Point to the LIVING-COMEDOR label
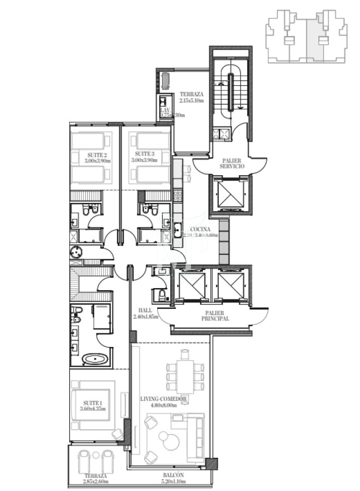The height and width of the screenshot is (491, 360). coord(164,399)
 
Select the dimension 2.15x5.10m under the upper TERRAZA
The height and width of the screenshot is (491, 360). coord(192,100)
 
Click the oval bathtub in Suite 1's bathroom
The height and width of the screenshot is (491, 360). coord(95,360)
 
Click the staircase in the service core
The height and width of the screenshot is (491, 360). coord(230,87)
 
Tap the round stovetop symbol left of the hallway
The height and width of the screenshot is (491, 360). coord(76,252)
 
